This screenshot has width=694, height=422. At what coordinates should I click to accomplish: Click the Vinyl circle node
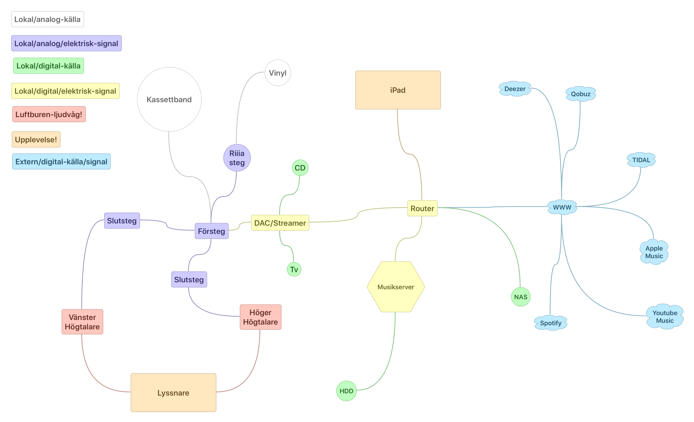278,73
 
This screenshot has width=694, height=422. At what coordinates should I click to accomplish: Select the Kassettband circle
169,99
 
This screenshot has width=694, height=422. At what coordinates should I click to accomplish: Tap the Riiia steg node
237,158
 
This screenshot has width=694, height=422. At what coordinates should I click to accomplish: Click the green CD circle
300,168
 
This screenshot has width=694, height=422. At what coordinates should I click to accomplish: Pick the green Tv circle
294,269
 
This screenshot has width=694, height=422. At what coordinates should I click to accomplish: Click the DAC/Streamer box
280,223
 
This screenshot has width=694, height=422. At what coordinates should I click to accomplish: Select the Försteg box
212,231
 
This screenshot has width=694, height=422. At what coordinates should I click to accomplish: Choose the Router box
422,208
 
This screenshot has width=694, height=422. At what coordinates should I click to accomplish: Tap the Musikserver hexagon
396,287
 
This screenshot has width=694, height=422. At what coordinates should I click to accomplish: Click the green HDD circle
346,391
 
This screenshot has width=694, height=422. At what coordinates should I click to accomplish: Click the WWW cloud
562,207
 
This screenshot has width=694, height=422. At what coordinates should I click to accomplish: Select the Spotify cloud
551,323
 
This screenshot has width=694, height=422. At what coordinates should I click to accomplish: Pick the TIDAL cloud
641,160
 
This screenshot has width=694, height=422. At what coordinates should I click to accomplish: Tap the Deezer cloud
515,89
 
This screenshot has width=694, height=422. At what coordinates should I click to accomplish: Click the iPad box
398,90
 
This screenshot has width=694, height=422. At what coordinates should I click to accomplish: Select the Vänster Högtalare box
82,322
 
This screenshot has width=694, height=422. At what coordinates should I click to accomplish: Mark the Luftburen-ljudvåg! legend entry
49,114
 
